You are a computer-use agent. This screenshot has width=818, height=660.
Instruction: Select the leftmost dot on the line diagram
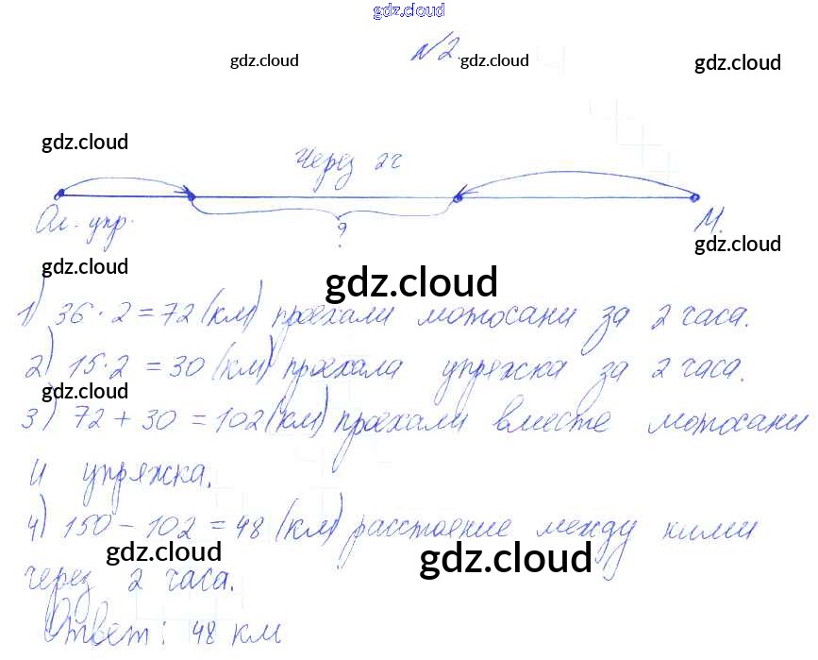click(58, 194)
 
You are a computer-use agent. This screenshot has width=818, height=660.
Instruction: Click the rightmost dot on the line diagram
click(695, 197)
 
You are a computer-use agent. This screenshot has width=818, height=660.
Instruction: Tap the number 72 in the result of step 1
click(176, 315)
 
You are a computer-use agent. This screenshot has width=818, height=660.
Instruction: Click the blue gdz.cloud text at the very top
click(409, 10)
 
